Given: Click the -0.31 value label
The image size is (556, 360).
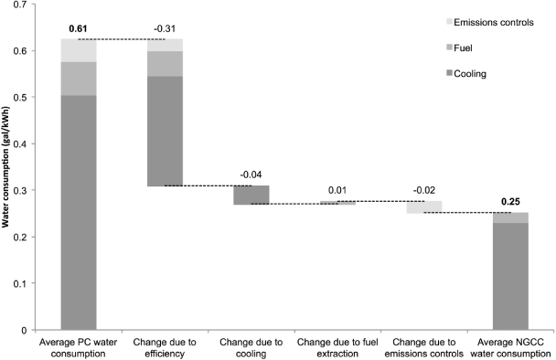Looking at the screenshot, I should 166,30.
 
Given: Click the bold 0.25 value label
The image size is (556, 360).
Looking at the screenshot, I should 510,202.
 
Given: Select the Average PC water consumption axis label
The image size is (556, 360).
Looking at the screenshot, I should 79,346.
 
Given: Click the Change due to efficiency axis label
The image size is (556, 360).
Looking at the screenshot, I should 166,346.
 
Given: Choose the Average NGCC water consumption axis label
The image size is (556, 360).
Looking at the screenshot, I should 510,346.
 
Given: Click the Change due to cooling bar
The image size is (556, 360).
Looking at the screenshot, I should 251,195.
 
